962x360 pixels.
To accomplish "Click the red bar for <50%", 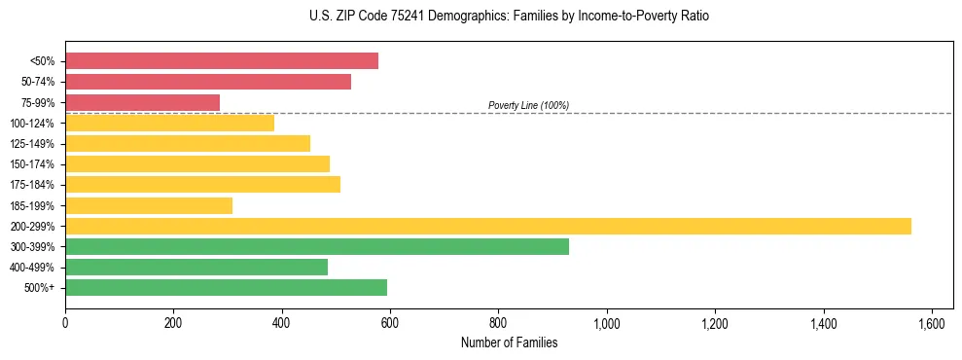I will [x=222, y=61].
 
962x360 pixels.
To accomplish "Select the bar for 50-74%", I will [x=208, y=82].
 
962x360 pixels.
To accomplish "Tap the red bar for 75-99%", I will [x=143, y=102].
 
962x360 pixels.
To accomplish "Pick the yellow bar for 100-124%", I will [x=170, y=123].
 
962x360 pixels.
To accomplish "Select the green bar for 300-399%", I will [x=317, y=246].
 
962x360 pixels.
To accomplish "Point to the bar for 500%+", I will [x=227, y=287].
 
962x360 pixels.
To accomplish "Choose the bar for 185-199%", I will [x=149, y=205].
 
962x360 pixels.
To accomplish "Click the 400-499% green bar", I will [x=196, y=267].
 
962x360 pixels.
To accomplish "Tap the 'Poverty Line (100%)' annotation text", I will [x=528, y=105].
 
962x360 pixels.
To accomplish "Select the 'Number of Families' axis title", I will [x=509, y=342].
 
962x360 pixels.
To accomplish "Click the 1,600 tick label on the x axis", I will [x=932, y=322].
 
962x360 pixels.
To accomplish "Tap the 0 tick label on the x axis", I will [x=65, y=322].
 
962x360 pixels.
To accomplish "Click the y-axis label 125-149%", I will [x=32, y=144].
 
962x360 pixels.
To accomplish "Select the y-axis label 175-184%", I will [x=32, y=185].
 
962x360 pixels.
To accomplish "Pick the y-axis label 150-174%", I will [x=32, y=164].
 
